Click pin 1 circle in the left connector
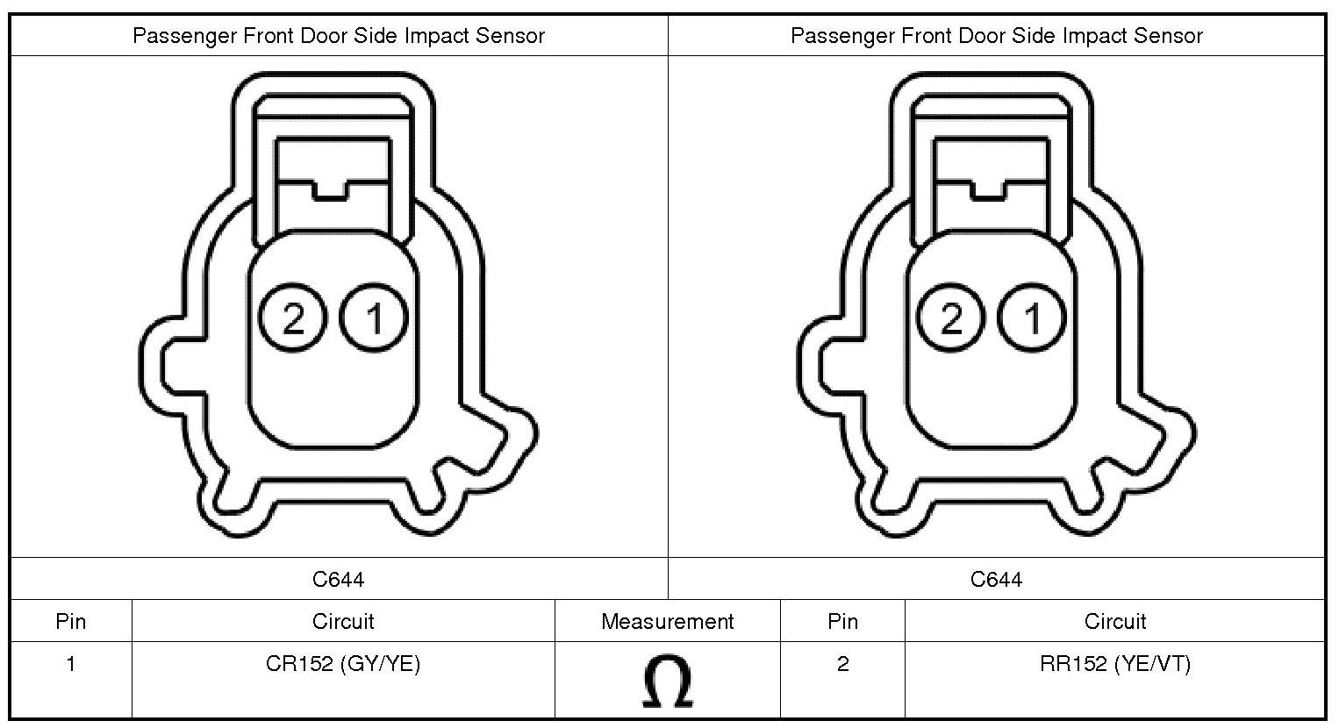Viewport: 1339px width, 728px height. [374, 318]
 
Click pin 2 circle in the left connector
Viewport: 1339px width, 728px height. [292, 318]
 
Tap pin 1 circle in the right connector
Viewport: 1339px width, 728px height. [1032, 318]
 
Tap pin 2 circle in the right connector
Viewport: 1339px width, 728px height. [950, 318]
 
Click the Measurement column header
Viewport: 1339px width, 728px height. [668, 622]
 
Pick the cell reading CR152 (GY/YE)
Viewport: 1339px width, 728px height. [343, 664]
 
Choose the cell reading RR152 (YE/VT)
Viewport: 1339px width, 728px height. [1115, 664]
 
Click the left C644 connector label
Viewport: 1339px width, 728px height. [339, 579]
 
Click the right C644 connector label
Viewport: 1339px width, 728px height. [997, 579]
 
